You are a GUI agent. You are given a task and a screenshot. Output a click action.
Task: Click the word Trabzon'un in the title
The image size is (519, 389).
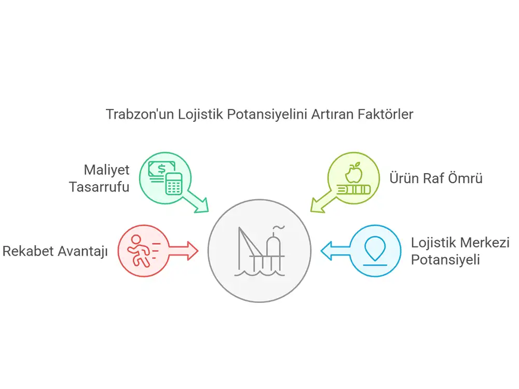[x=140, y=114]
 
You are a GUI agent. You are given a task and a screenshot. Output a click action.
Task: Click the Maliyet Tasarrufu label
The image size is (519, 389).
[x=99, y=178]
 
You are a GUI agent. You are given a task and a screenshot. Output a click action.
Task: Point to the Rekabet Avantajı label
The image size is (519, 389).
[x=56, y=251]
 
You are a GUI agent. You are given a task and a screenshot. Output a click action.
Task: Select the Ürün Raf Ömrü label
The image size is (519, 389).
[x=436, y=178]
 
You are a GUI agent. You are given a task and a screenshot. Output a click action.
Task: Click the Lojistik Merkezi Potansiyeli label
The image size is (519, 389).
[x=460, y=251]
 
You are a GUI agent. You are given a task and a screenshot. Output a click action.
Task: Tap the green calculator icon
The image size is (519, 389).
[x=174, y=184]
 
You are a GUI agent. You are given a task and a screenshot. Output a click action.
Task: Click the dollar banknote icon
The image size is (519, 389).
[x=160, y=171]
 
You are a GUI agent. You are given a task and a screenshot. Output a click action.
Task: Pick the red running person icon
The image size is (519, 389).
[x=142, y=251]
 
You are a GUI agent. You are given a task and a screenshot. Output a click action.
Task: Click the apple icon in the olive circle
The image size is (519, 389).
[x=354, y=172]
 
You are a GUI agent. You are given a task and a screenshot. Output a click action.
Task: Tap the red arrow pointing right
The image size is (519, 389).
[x=183, y=251]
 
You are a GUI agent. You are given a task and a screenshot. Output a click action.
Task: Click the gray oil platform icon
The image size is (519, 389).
[x=259, y=251]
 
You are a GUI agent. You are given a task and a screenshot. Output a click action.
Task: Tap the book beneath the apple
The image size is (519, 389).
[x=353, y=190]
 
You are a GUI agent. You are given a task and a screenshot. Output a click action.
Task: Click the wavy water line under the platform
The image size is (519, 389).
[x=259, y=273]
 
